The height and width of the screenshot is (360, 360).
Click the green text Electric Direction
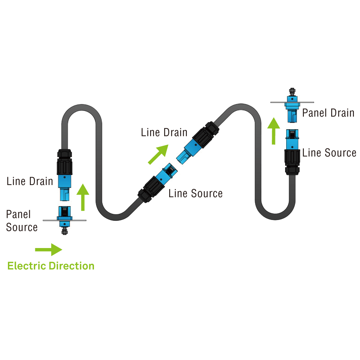tap(51, 266)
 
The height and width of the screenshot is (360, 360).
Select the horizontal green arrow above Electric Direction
tap(49, 249)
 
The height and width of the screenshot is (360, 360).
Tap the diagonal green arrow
tap(158, 154)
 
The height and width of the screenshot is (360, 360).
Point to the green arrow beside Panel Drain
tap(274, 130)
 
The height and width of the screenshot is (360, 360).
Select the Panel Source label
tap(22, 221)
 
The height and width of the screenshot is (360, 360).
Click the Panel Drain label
tap(328, 113)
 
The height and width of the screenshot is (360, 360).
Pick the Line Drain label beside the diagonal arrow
tap(164, 132)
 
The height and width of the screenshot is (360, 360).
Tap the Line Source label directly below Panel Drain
tap(329, 153)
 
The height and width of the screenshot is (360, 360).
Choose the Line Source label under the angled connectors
tap(195, 193)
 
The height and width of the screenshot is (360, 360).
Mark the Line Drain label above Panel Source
tap(30, 181)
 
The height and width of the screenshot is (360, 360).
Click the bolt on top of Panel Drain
tap(292, 91)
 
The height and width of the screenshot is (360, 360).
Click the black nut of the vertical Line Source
tap(292, 157)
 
